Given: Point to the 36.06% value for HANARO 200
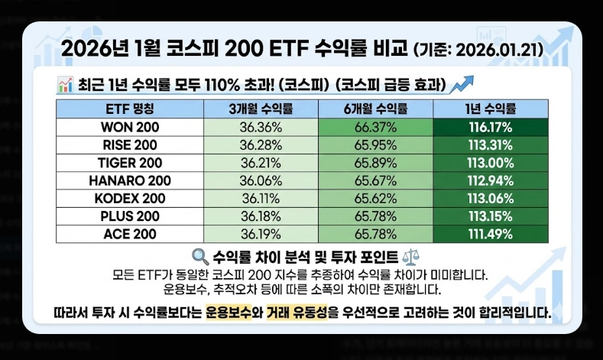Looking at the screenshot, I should pos(261,180).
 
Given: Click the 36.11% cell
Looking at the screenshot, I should pos(261,198).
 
